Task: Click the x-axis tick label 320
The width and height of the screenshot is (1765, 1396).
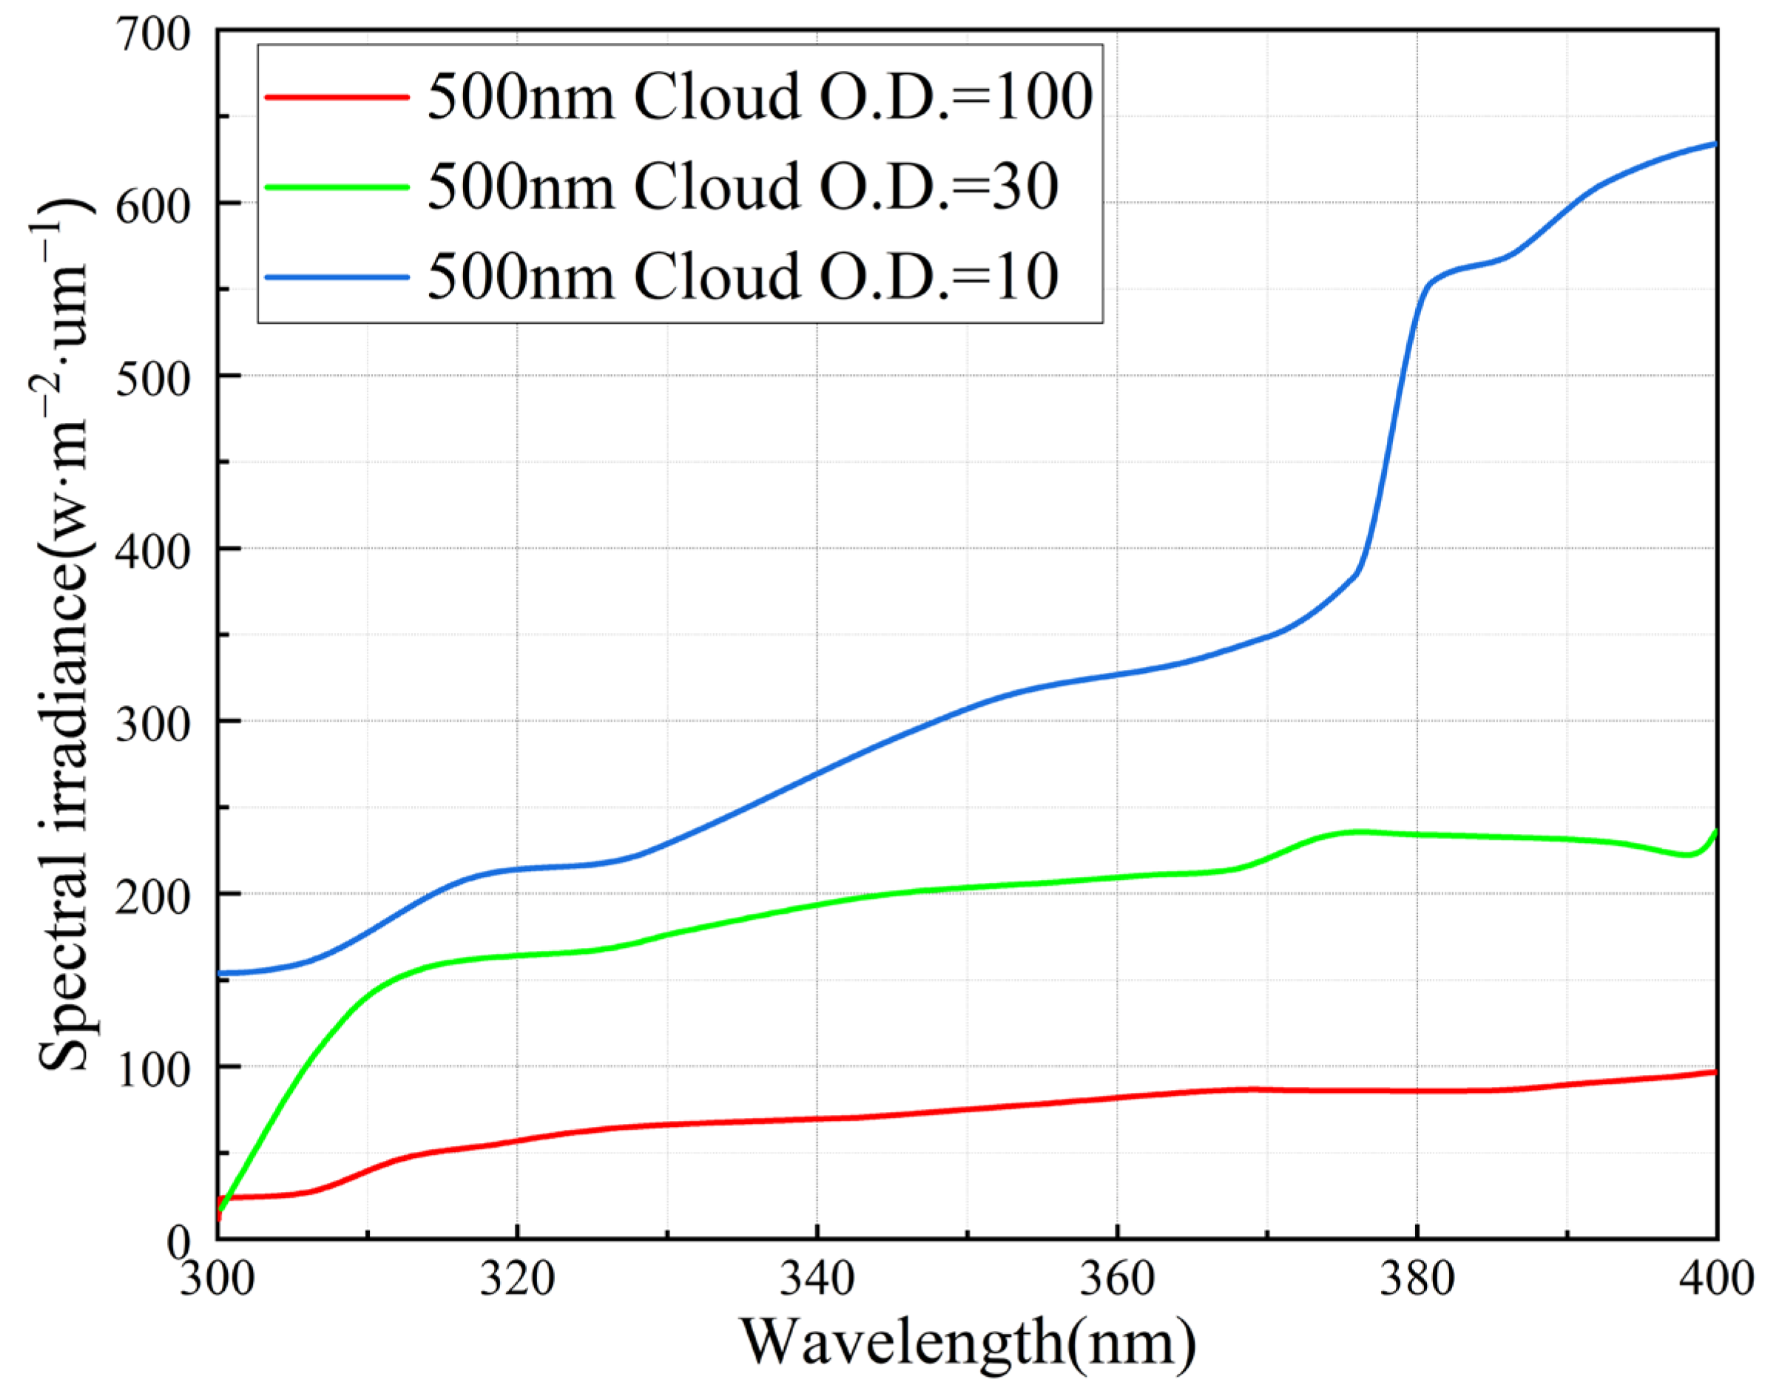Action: click(x=516, y=1278)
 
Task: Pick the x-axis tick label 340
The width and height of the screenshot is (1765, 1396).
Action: click(x=817, y=1278)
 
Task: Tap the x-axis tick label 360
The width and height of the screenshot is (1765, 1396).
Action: click(x=1117, y=1278)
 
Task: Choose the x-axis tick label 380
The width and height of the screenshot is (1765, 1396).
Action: click(x=1417, y=1278)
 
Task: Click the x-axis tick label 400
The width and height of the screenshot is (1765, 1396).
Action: click(x=1715, y=1278)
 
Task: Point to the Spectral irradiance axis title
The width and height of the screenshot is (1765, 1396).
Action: click(x=65, y=637)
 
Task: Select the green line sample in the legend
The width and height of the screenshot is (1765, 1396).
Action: click(x=337, y=186)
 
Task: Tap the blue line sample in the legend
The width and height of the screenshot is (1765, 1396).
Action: click(x=337, y=277)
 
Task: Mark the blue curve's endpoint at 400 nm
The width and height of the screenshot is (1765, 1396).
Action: click(x=1714, y=145)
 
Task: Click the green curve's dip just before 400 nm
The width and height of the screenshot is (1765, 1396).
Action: click(x=1687, y=855)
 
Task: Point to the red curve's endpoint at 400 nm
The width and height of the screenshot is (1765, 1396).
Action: click(x=1714, y=1071)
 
